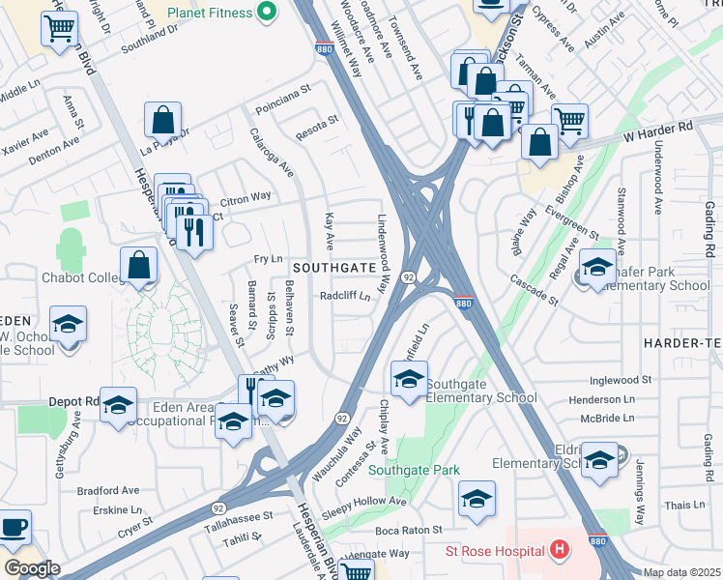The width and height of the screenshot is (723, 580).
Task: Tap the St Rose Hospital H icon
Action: [558, 551]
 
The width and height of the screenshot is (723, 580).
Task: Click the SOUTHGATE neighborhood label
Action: [333, 266]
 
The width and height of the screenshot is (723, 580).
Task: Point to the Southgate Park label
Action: [444, 470]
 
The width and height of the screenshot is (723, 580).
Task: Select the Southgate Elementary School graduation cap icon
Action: [409, 378]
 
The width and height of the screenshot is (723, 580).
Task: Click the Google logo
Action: [32, 568]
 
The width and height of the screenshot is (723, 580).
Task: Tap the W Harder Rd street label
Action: [659, 128]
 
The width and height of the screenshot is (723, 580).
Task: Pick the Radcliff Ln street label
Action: [344, 297]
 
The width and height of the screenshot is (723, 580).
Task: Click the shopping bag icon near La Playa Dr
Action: [163, 120]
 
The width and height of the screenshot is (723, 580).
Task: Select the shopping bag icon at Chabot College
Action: [139, 264]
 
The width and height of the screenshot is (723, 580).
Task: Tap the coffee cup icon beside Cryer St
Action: [13, 527]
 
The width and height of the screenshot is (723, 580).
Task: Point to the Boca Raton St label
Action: [408, 530]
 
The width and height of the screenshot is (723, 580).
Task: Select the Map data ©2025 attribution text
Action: [681, 572]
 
